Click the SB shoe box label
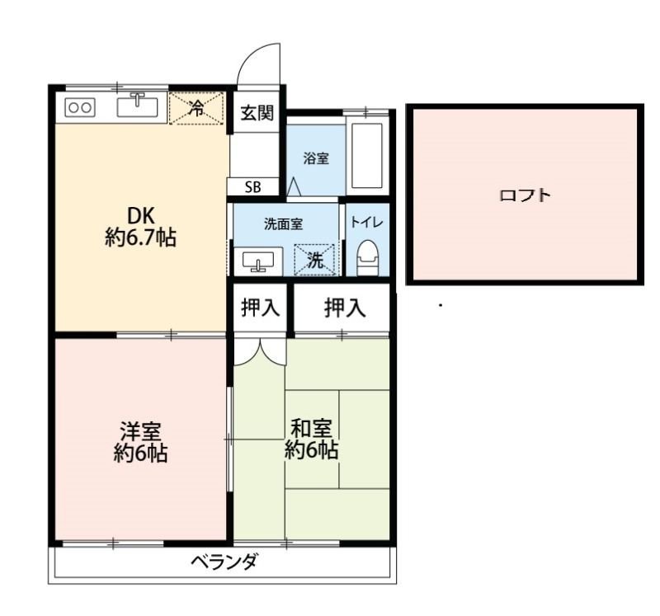pos(252,187)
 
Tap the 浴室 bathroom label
pos(316,159)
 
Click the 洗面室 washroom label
pos(283,223)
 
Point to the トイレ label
pos(366,223)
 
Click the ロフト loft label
pos(525,196)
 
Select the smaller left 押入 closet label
pos(260,308)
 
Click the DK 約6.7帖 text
pos(139,228)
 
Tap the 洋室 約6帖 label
pos(140,441)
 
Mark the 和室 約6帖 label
pos(311,440)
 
